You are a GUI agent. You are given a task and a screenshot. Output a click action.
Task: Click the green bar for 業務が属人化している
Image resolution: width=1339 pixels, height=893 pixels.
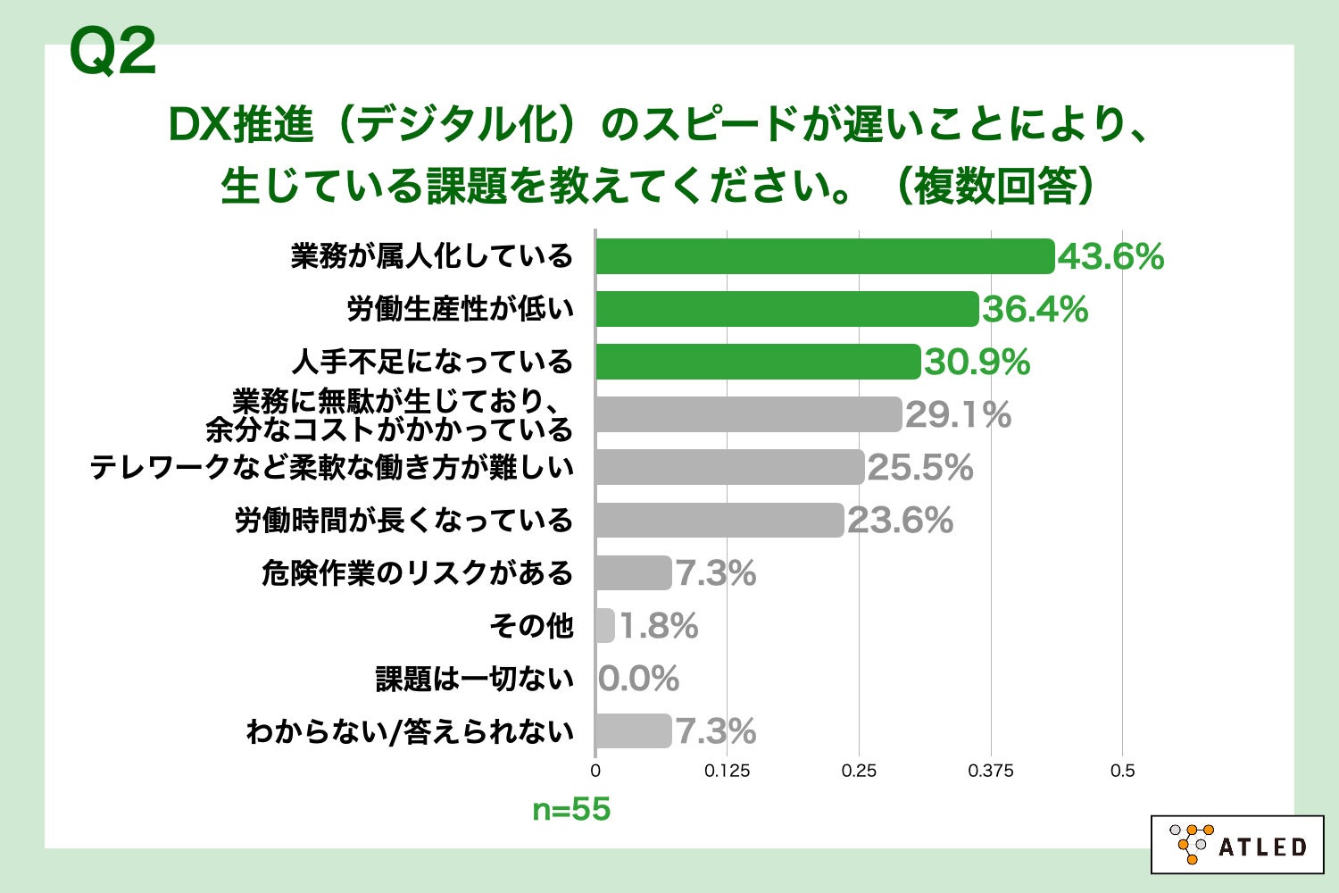(x=825, y=257)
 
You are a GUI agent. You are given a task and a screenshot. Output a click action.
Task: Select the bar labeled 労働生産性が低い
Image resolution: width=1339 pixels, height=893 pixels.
(x=786, y=309)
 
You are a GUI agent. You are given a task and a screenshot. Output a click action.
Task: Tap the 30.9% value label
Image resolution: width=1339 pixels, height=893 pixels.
(x=977, y=363)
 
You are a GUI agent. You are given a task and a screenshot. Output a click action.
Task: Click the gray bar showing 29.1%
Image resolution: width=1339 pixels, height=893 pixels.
(x=748, y=414)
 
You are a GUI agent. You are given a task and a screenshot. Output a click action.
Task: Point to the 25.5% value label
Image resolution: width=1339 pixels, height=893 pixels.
(x=919, y=468)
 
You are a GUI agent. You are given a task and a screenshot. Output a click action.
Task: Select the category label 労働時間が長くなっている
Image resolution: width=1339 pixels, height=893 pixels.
(x=403, y=521)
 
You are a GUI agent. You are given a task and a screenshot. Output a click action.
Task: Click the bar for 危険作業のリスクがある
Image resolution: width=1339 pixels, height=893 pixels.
(x=633, y=573)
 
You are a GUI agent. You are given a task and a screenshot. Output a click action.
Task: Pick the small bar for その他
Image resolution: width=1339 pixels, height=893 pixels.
(x=605, y=626)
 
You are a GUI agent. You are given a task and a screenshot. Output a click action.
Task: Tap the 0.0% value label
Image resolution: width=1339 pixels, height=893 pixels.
(x=638, y=680)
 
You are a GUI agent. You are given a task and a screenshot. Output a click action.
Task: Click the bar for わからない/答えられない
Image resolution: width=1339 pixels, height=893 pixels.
(x=633, y=731)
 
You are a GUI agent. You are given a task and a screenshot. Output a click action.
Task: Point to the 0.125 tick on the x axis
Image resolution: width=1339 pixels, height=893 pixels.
(x=727, y=771)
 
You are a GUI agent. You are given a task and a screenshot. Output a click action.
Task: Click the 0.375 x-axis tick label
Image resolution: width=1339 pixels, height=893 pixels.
(x=990, y=771)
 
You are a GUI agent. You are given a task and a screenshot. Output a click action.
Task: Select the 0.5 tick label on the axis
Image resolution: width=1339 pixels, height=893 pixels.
(x=1122, y=771)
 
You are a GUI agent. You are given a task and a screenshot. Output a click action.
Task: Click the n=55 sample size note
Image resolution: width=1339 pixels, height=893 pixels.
(x=571, y=810)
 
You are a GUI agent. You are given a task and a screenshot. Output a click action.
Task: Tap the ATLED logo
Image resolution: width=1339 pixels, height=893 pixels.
(x=1237, y=844)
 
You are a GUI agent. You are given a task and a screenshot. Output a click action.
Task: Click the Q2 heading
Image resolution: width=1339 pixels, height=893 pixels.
(x=112, y=52)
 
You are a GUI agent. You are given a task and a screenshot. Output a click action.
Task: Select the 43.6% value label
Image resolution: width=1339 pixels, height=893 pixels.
(x=1110, y=257)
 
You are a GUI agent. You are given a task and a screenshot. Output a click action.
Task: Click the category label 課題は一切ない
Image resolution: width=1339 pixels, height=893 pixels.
(x=474, y=680)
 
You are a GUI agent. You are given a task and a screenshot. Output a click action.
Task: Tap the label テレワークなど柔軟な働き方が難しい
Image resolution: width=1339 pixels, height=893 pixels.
(x=331, y=468)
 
